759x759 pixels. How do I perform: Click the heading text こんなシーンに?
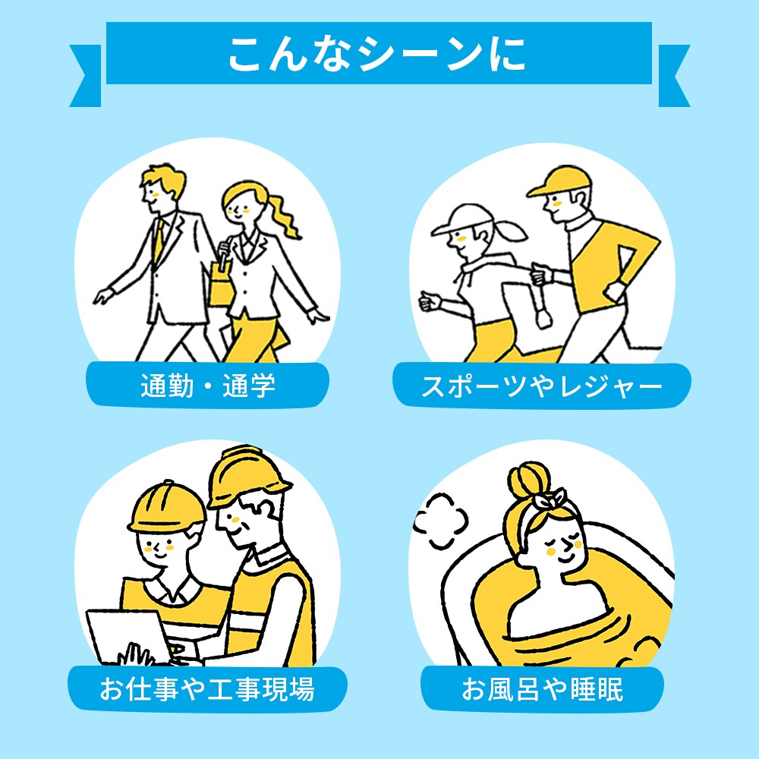pos(377,54)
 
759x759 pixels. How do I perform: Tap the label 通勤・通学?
pos(208,386)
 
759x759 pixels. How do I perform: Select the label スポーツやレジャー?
pos(542,386)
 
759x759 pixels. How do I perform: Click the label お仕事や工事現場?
pos(207,688)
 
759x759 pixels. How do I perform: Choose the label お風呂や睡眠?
pos(542,688)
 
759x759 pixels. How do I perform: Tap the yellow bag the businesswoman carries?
pos(221,285)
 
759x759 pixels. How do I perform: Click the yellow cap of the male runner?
pos(559,181)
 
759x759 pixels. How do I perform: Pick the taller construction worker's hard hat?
pos(247,477)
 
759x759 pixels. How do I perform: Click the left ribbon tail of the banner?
pos(87,75)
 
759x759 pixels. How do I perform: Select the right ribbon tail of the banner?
pos(673,75)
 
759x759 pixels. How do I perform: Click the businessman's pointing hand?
pos(103,295)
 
